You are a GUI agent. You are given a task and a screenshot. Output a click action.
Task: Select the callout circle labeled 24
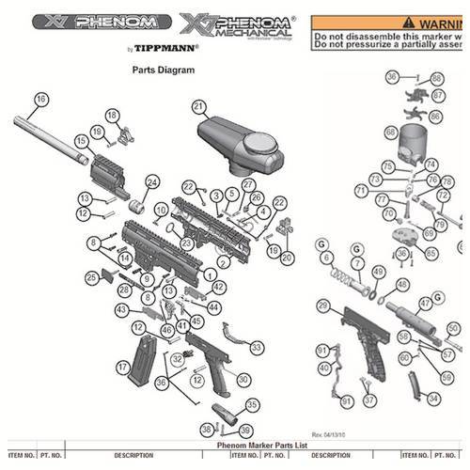pyautogui.click(x=151, y=181)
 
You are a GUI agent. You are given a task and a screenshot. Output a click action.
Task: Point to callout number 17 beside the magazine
pyautogui.click(x=122, y=367)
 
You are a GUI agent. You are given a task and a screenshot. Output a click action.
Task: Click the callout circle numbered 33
pyautogui.click(x=256, y=347)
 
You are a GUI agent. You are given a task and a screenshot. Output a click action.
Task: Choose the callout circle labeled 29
pyautogui.click(x=323, y=305)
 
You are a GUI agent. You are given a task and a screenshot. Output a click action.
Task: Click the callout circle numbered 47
pyautogui.click(x=425, y=304)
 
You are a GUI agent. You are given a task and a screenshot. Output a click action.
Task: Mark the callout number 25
pyautogui.click(x=91, y=277)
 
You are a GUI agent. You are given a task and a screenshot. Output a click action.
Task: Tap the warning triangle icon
pyautogui.click(x=406, y=22)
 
